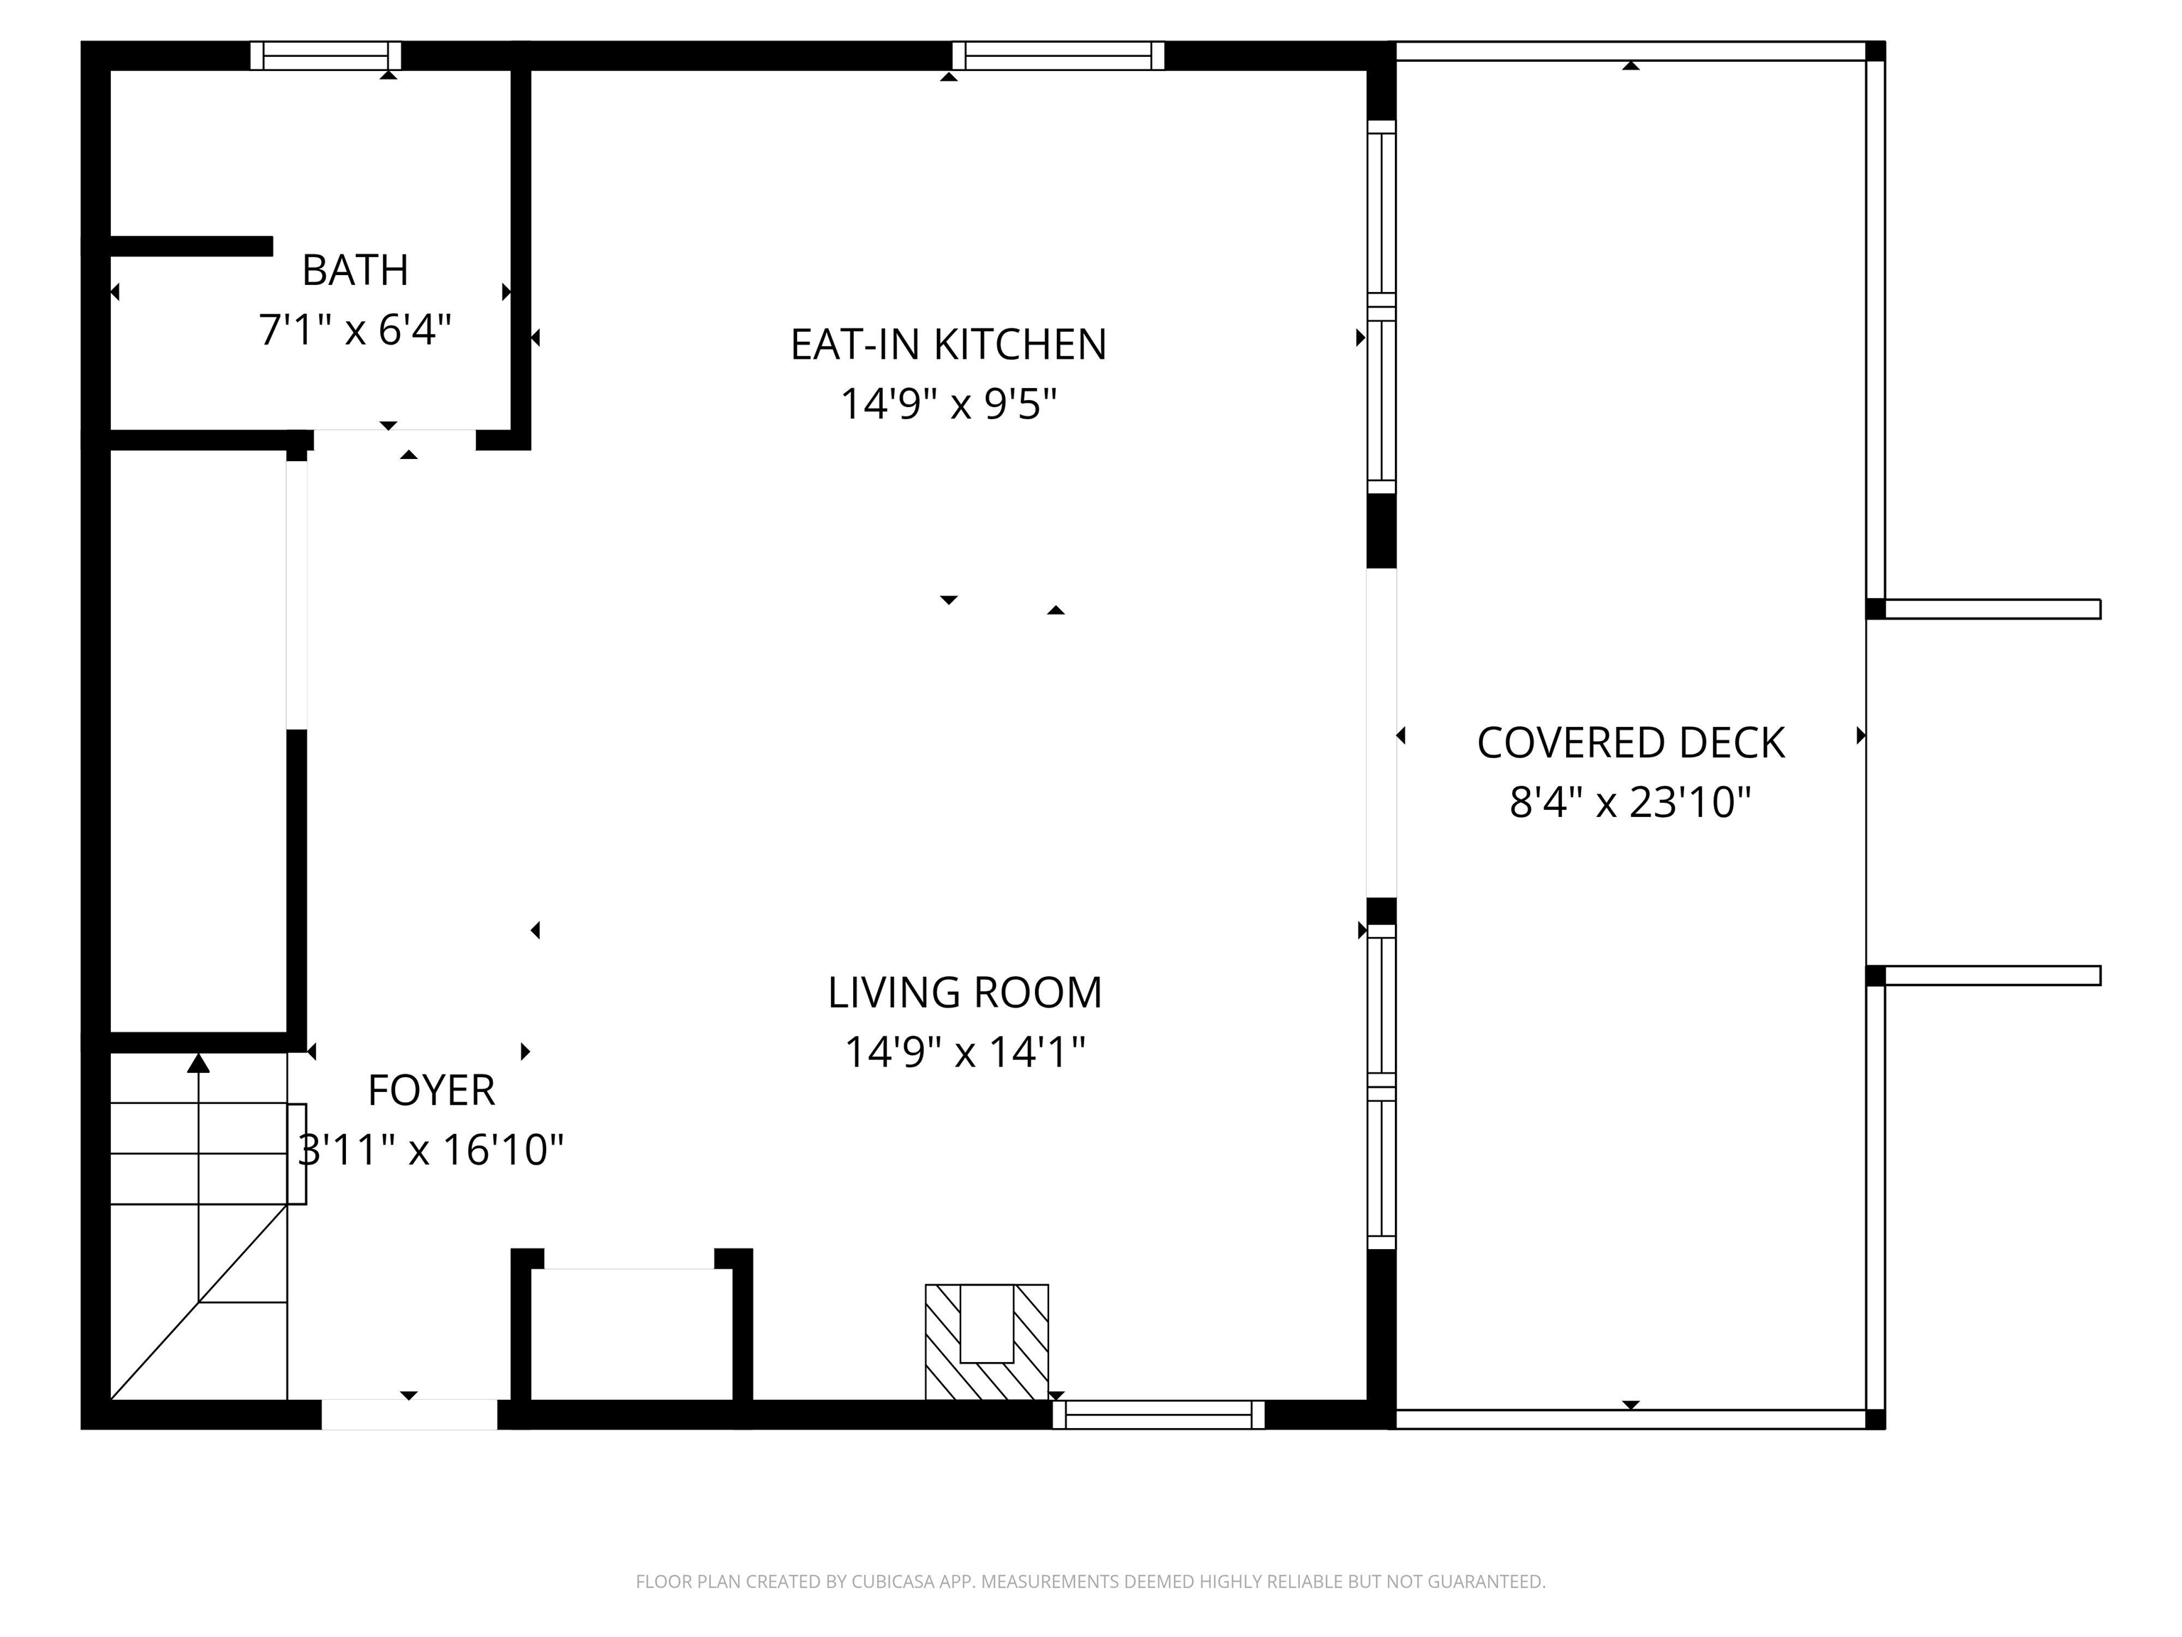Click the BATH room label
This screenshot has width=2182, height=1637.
click(355, 271)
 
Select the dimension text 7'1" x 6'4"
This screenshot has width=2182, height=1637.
click(355, 330)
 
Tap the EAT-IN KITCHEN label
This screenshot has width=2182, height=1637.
click(948, 345)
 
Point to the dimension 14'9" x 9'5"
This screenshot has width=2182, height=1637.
click(948, 404)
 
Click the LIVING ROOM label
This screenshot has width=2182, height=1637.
click(965, 993)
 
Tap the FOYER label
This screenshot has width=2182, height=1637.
click(431, 1091)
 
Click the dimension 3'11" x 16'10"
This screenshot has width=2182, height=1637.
click(431, 1150)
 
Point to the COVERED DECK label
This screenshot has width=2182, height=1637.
click(1631, 743)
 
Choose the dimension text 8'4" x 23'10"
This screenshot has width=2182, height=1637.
click(1631, 802)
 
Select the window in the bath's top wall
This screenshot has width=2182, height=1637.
click(325, 55)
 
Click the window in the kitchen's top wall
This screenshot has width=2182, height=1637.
click(1058, 55)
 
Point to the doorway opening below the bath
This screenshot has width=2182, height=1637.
click(395, 440)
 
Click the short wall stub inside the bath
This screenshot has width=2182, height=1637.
click(191, 246)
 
